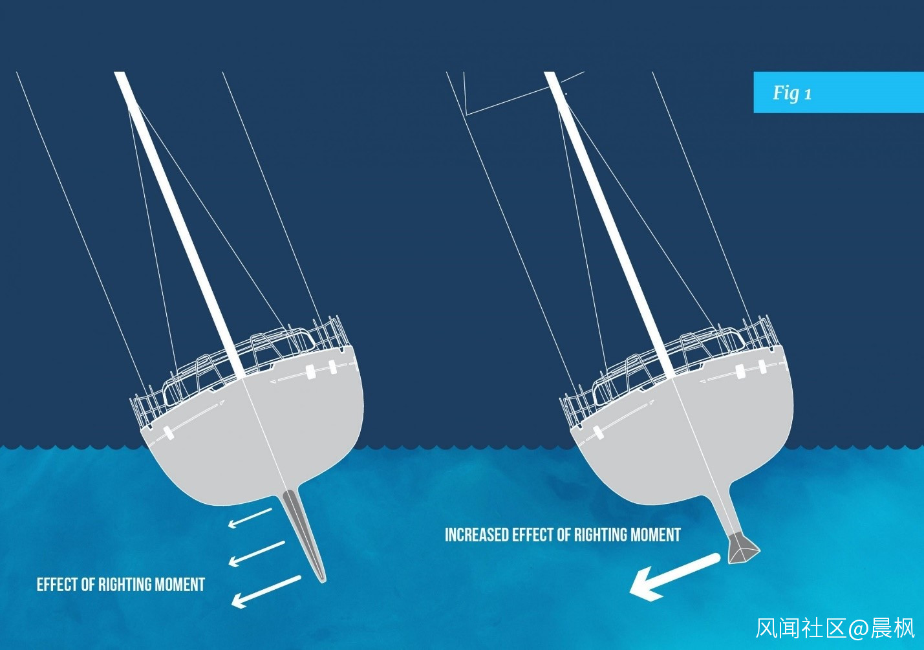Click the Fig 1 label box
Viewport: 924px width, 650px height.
(838, 92)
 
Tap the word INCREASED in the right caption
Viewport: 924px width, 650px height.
(477, 536)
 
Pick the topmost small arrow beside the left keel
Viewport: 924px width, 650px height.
(250, 517)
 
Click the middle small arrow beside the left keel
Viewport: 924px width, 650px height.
(257, 554)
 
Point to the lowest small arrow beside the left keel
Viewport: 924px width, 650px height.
(266, 591)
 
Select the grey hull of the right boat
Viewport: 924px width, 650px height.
(685, 440)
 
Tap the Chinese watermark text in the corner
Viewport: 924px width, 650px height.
(835, 628)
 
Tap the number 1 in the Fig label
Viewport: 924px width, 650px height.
(808, 94)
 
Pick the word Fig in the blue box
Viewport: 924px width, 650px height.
(786, 93)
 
